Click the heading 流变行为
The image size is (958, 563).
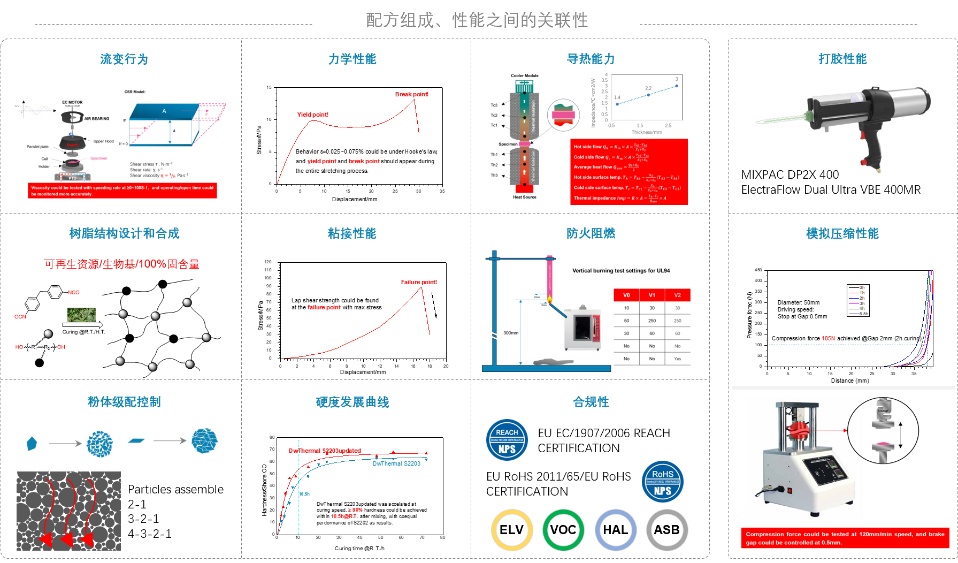124,59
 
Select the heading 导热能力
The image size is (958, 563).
591,59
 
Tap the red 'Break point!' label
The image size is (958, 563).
412,94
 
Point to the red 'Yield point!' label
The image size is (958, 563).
313,115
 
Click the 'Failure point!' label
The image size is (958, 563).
419,282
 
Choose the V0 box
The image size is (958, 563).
626,295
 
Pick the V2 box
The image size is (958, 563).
677,295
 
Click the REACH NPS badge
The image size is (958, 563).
507,440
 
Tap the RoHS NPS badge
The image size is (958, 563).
662,482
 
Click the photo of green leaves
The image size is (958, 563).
81,315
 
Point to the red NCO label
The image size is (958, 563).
74,292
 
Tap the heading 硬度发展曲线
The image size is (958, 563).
352,402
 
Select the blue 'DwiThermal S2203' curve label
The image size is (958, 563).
396,463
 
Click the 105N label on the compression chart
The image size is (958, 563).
829,338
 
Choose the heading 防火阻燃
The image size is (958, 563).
591,233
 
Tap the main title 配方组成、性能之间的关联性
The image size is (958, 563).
477,20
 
